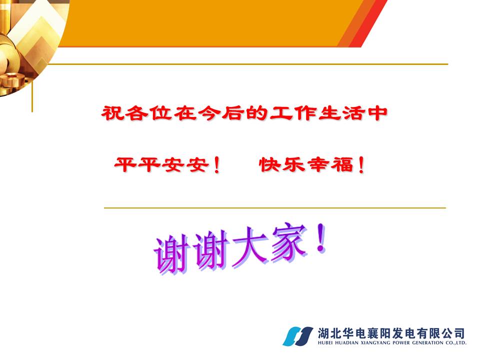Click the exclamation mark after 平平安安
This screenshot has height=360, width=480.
216,165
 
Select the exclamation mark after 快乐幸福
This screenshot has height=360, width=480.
361,165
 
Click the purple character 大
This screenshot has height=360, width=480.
249,246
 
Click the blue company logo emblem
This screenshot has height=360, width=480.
297,336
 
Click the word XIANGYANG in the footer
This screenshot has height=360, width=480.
375,343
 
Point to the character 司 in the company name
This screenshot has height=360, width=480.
459,333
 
